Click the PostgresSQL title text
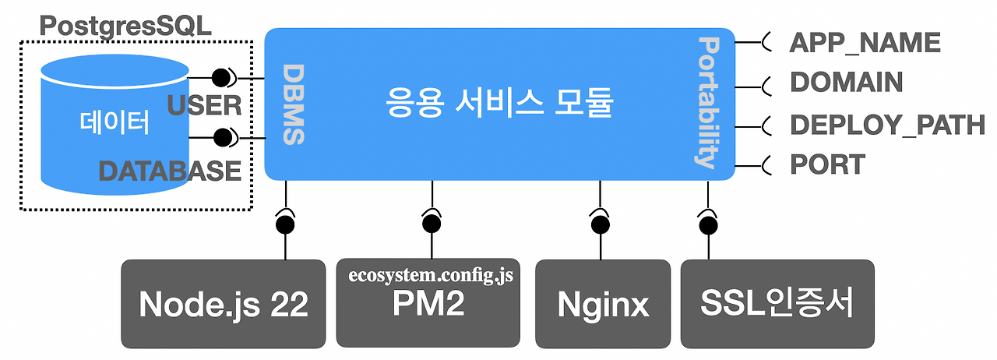[125, 26]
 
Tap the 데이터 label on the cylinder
[114, 122]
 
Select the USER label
[204, 106]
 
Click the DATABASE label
[170, 171]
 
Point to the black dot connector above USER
[220, 78]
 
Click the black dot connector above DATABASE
[223, 138]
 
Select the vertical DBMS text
[294, 104]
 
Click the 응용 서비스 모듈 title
[499, 103]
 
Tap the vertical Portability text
[707, 103]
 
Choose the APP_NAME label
[865, 43]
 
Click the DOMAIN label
[846, 83]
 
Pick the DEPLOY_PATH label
[887, 125]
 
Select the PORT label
[827, 164]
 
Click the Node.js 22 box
[224, 304]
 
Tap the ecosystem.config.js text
[431, 275]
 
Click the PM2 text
[428, 304]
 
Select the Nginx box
[603, 304]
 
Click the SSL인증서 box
[777, 304]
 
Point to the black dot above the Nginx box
[601, 224]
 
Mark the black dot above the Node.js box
[285, 224]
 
